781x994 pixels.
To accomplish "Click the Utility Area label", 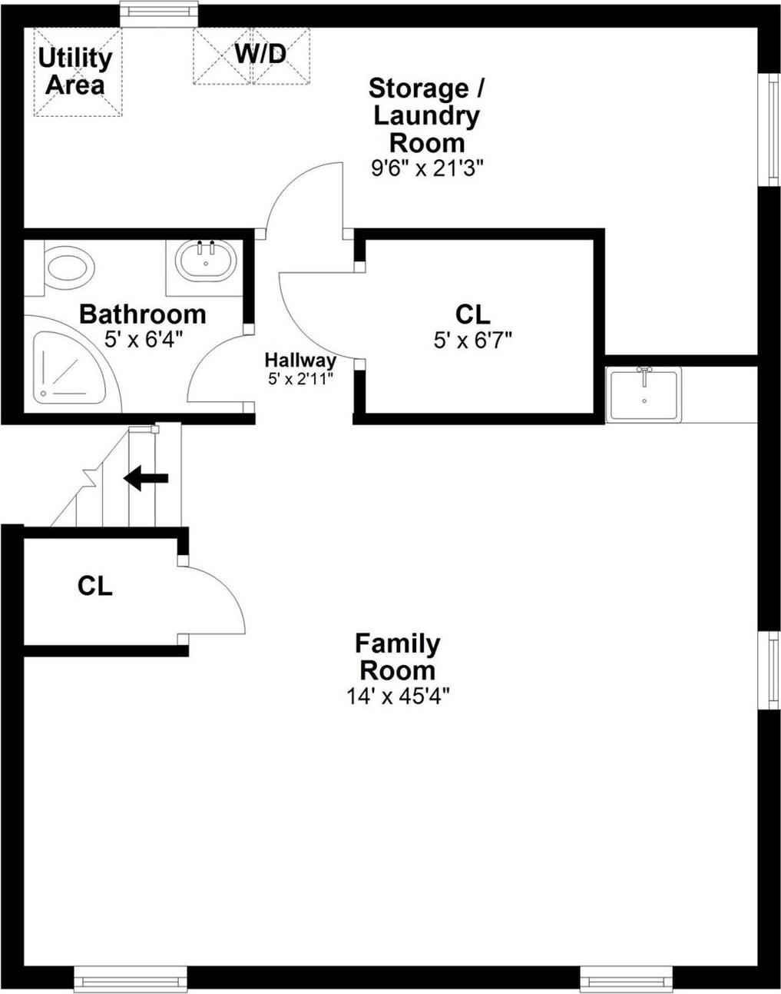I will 75,71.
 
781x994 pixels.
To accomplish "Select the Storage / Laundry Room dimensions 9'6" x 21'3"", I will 427,169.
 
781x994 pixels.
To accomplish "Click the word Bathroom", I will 143,314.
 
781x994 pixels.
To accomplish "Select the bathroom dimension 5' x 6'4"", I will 143,338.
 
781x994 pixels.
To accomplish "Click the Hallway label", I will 300,361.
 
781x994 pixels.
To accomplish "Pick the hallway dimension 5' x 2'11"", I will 300,378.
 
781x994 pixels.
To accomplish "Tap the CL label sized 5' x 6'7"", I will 472,314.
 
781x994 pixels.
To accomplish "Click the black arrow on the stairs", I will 146,477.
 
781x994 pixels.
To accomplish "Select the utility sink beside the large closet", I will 644,394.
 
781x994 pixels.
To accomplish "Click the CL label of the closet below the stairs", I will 95,587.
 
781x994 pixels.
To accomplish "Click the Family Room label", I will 397,656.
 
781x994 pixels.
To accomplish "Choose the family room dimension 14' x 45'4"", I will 397,696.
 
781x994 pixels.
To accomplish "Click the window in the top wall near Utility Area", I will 159,12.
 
